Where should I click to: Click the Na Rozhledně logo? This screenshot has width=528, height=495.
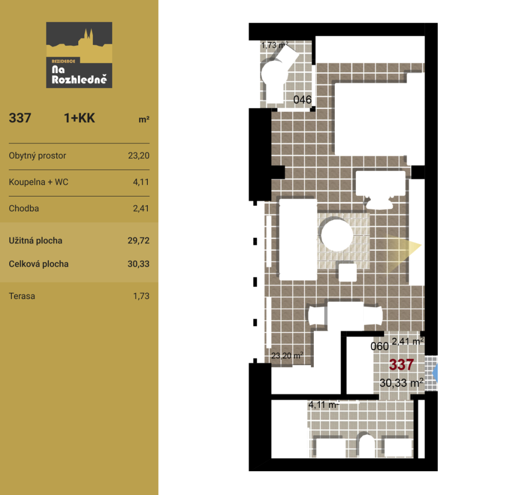79,55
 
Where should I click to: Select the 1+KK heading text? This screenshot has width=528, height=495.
79,118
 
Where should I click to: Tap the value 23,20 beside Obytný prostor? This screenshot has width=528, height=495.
139,156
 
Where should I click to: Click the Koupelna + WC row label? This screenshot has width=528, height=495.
39,182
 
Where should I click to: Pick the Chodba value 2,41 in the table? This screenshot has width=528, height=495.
141,209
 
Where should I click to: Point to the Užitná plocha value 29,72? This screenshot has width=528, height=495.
139,241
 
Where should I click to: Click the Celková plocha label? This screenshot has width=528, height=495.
39,264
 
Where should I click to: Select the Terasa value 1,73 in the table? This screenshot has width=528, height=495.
141,296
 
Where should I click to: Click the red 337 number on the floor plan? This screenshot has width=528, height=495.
401,365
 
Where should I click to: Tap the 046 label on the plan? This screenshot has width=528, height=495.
302,100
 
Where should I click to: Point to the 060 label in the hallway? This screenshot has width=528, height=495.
380,346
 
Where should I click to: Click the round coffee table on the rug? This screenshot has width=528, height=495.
337,235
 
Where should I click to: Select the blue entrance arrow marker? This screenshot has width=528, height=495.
435,373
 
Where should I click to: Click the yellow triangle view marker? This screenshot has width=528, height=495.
404,246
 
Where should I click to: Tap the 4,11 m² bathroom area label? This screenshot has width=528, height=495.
323,404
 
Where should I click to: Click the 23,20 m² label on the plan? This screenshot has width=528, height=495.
287,355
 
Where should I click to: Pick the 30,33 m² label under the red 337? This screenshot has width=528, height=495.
401,383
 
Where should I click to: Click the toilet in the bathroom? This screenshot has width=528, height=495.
366,445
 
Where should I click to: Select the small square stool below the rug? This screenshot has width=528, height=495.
348,272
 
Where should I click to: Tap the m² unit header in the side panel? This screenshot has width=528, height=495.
144,119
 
